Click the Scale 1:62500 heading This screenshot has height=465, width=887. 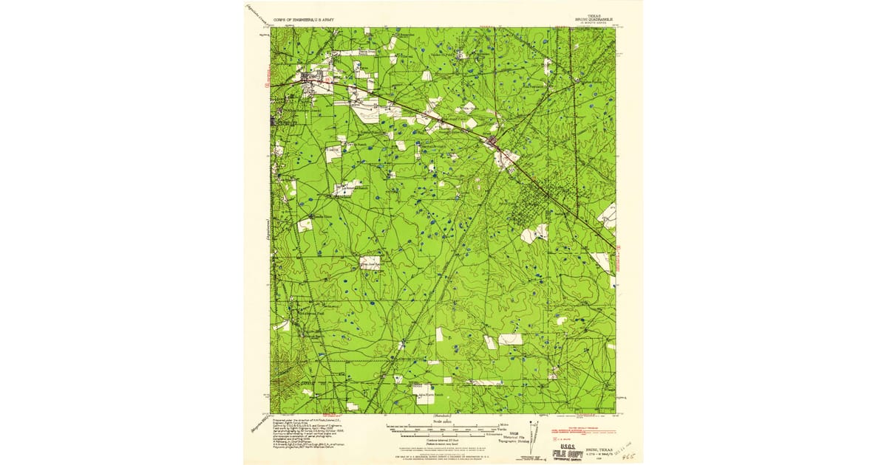[x=443, y=421]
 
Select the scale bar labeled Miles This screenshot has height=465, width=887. [x=443, y=426]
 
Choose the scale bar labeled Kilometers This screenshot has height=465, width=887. [x=443, y=435]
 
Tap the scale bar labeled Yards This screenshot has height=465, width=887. [x=443, y=430]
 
